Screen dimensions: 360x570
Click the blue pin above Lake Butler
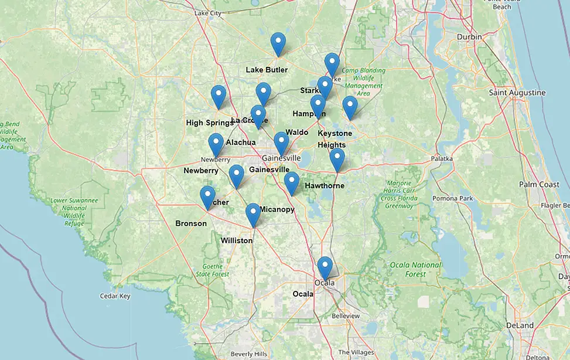[278, 43]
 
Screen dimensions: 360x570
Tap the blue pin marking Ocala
[325, 267]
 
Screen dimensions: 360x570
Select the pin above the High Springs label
[219, 96]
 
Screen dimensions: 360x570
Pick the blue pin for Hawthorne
[337, 159]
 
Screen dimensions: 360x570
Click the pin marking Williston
[252, 214]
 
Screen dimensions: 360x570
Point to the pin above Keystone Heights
[350, 107]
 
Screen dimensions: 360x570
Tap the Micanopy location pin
[291, 182]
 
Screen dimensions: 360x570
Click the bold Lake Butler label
[267, 70]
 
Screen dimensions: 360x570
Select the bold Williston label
[237, 240]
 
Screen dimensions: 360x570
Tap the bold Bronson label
[191, 223]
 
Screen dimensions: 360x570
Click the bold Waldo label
[296, 133]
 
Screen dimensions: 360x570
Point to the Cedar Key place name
[115, 296]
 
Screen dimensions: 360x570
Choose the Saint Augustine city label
[517, 93]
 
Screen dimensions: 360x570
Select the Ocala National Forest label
[415, 269]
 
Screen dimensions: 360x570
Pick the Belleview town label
[346, 315]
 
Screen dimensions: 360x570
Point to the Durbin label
[469, 37]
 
